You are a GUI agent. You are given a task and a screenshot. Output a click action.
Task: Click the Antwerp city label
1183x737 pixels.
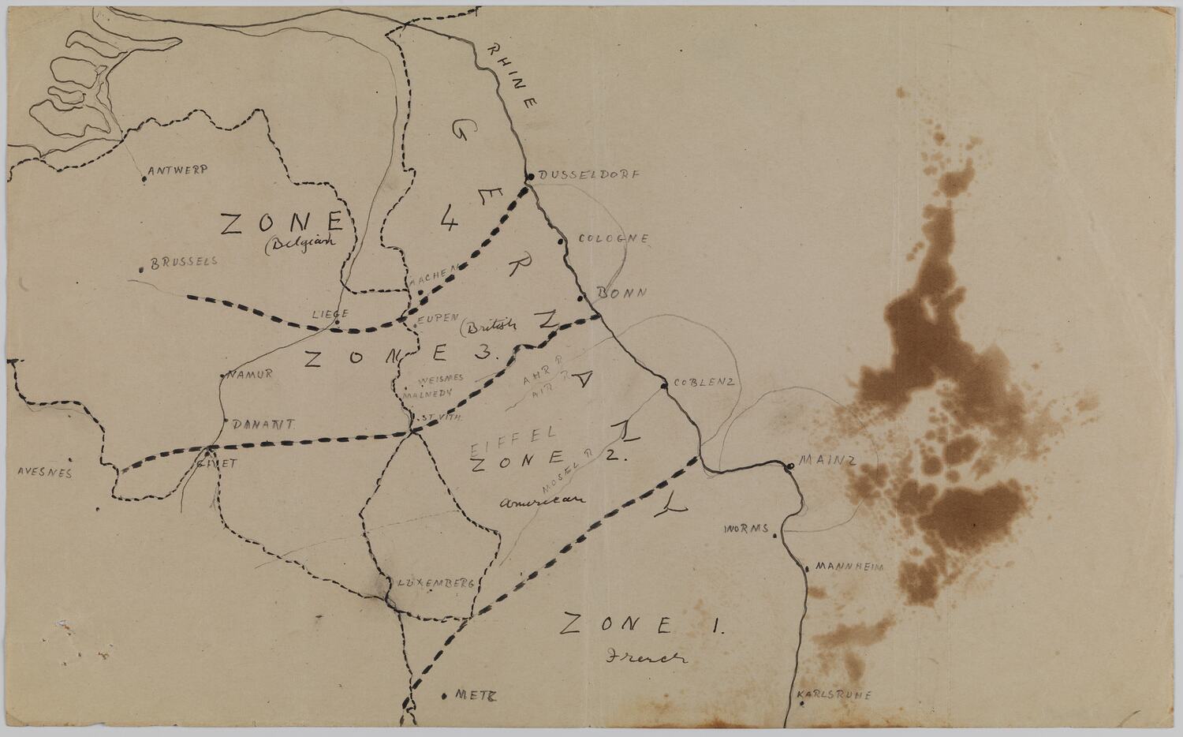[x=177, y=170]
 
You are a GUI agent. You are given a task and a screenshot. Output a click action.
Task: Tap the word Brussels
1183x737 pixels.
[x=183, y=262]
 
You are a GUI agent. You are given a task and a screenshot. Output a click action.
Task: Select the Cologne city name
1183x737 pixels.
[x=614, y=238]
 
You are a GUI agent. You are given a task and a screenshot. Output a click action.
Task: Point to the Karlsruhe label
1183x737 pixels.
[x=834, y=695]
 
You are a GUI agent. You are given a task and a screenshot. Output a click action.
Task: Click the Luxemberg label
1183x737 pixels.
[x=435, y=583]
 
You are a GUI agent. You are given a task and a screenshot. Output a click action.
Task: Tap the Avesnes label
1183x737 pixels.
[x=44, y=473]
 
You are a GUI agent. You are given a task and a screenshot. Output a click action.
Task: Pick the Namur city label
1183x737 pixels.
[x=251, y=374]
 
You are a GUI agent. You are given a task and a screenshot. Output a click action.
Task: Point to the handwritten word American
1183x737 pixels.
[x=543, y=499]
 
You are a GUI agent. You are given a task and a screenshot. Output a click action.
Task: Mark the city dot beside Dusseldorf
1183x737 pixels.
[x=531, y=176]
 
